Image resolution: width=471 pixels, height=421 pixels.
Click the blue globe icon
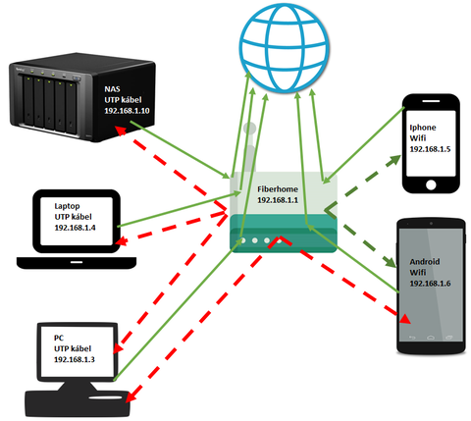tap(284, 48)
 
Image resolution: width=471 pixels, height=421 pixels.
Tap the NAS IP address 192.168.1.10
tap(127, 111)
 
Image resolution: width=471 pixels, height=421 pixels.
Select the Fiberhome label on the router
tap(278, 189)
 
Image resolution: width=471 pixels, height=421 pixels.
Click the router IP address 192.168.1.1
tap(278, 200)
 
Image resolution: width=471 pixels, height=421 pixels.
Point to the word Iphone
tap(423, 128)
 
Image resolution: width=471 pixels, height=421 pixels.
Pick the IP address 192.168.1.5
tap(430, 149)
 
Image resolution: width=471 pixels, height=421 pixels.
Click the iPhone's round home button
tap(431, 185)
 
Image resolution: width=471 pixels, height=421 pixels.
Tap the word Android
tap(425, 262)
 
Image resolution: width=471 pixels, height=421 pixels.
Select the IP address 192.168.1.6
tap(430, 284)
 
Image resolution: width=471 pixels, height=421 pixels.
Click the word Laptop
tap(67, 206)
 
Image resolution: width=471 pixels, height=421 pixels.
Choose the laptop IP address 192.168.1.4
tap(75, 228)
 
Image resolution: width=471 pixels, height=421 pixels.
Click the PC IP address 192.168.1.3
tap(75, 359)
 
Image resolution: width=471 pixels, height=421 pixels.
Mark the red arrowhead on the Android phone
tap(404, 318)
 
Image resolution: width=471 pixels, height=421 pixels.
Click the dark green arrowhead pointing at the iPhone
tap(394, 160)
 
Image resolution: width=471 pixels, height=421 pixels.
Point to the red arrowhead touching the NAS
tap(120, 130)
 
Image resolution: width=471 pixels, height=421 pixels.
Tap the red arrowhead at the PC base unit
tap(131, 396)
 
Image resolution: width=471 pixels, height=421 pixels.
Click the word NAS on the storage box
tap(112, 89)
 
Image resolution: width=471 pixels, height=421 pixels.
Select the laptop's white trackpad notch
tap(77, 262)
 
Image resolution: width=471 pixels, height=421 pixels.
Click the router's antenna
tap(249, 147)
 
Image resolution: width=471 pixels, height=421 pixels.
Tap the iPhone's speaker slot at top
tap(431, 101)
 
